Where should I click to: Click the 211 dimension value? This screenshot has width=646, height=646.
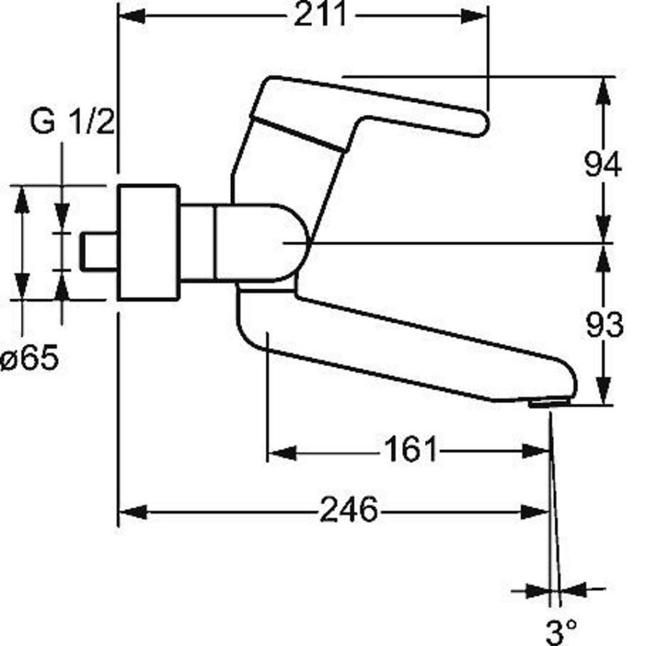coord(320,15)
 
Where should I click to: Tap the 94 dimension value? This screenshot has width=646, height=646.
coord(603,164)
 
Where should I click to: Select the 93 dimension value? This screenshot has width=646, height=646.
coord(604,324)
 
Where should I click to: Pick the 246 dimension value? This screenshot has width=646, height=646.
coord(348,509)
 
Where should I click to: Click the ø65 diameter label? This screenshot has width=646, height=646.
coord(30,357)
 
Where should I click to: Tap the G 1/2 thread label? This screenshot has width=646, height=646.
coord(73,122)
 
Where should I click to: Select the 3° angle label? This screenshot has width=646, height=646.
coord(561,632)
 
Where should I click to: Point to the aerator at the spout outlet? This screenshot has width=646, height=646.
coord(549,402)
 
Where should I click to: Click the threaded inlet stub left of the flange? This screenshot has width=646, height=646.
coord(98,252)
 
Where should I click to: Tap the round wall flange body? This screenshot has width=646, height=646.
coord(149,242)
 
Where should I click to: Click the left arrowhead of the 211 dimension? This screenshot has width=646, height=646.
coord(132,16)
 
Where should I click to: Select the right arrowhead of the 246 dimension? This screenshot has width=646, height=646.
coord(535,512)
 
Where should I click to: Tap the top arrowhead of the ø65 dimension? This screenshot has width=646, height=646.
coord(22,199)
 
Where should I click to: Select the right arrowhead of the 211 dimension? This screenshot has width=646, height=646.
coord(474,16)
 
